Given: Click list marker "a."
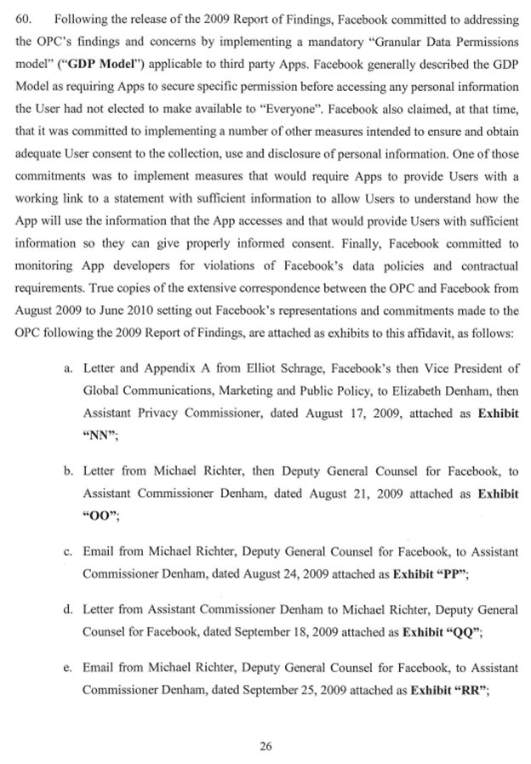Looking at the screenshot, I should (69, 393).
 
